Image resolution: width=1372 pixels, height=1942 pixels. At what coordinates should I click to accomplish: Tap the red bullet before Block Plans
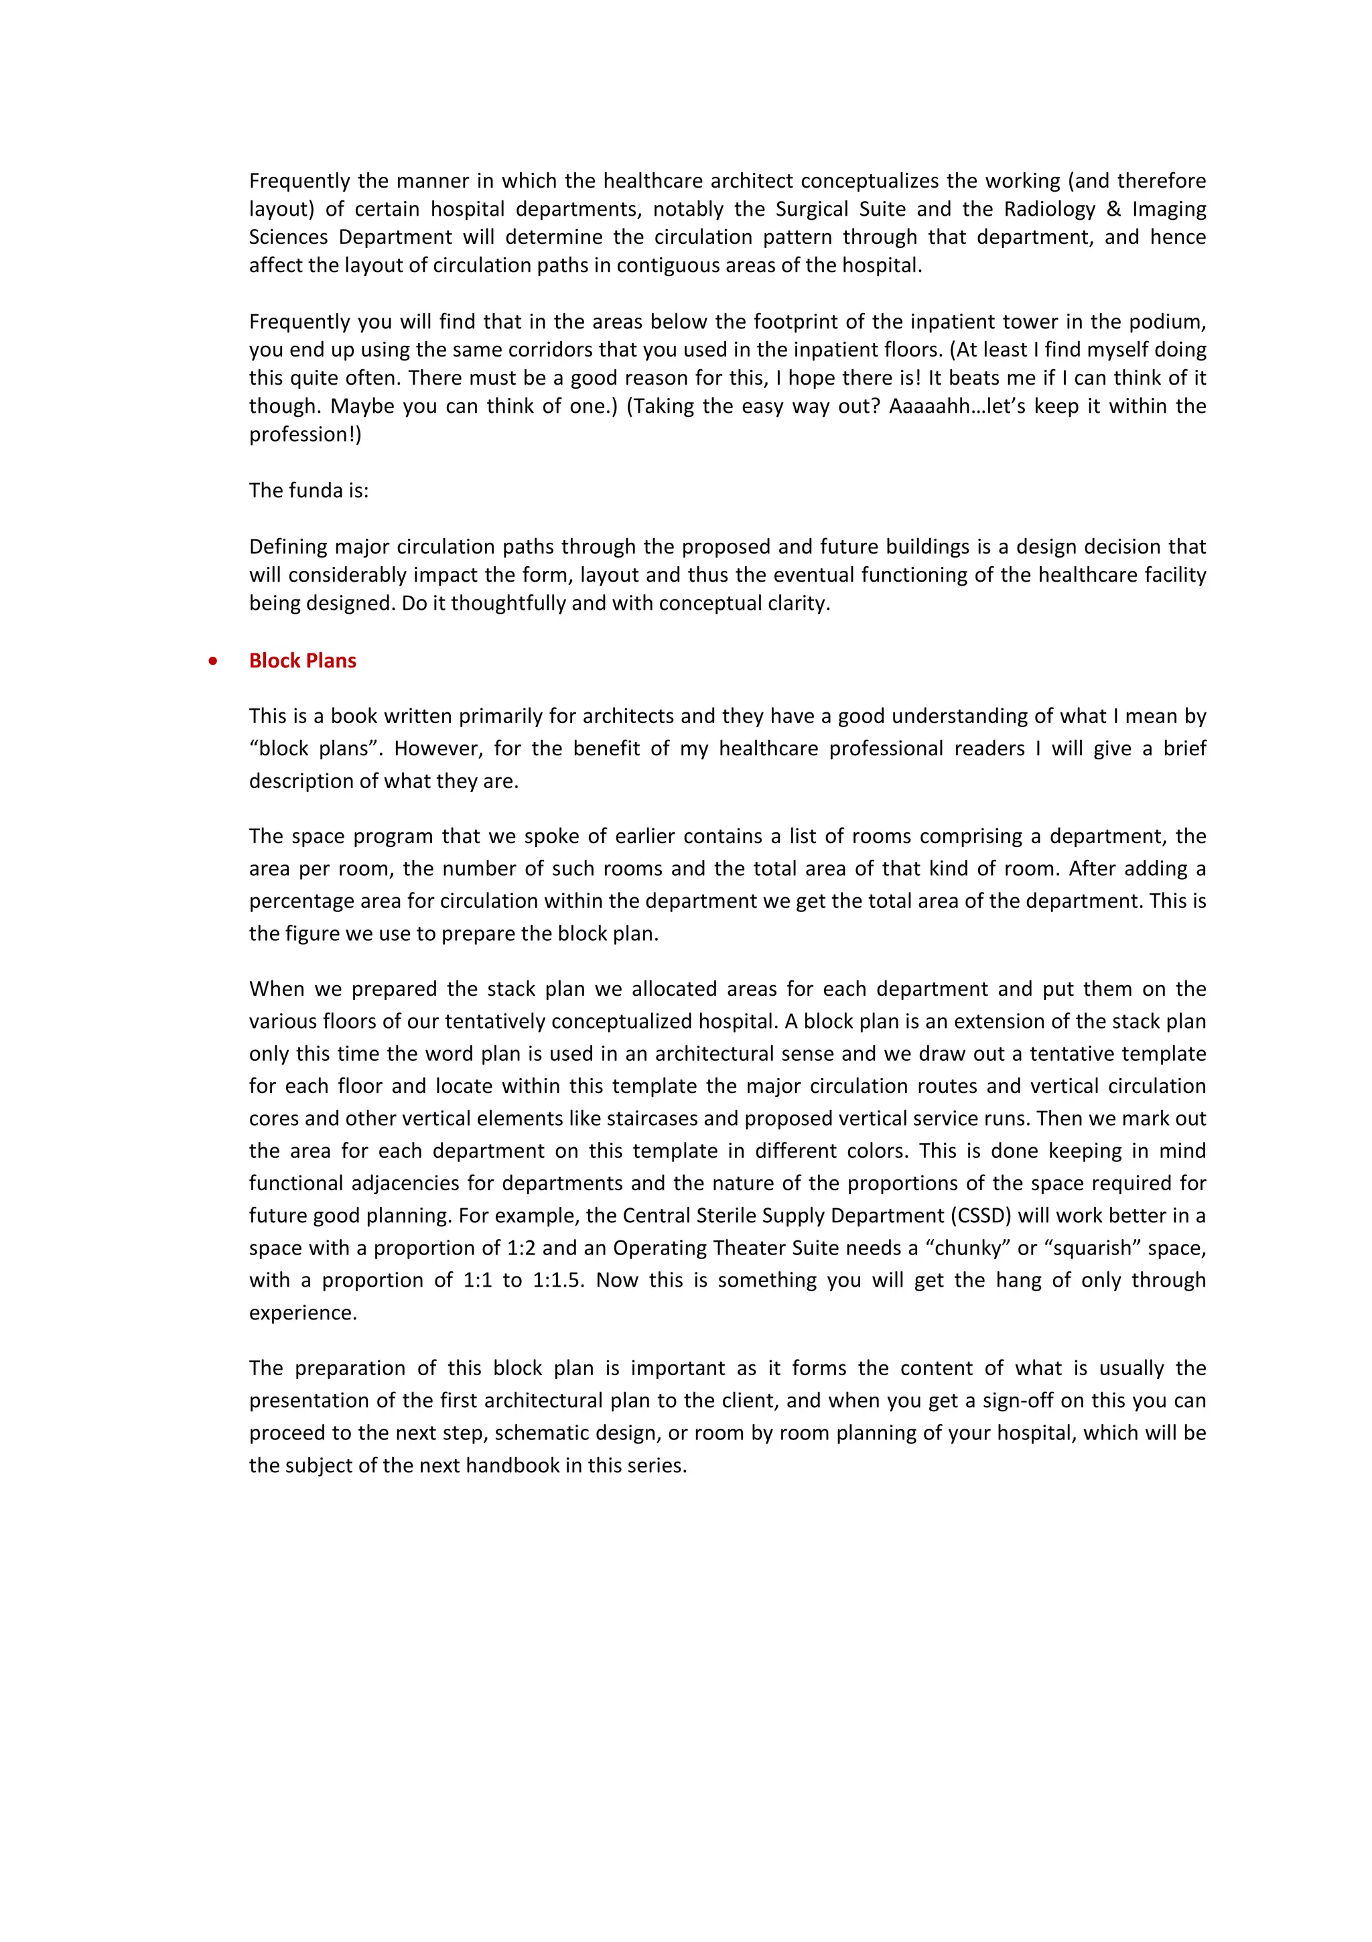(213, 661)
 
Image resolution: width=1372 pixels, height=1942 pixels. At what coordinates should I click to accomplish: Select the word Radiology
(1049, 209)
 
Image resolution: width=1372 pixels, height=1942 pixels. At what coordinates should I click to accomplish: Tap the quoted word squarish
(1092, 1248)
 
